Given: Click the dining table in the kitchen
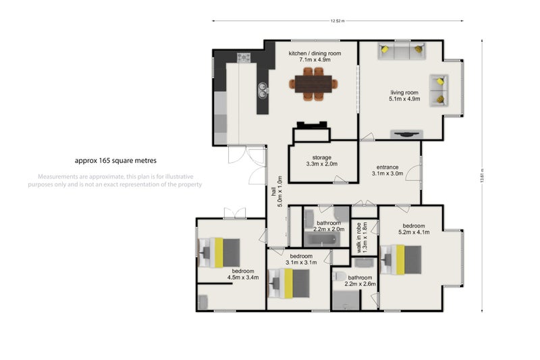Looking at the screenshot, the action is coord(313,84).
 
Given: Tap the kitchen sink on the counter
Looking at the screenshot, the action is coord(263,91).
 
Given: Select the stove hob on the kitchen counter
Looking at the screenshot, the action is coord(244,57).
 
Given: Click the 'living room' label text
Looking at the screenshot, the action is coord(404,93).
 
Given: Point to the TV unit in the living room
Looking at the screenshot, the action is coord(406,134).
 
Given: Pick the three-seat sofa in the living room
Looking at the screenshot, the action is coord(402,51).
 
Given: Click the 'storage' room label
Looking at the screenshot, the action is coord(322,157).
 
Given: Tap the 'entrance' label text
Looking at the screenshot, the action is coord(387,167).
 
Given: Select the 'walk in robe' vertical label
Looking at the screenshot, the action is coord(359,238).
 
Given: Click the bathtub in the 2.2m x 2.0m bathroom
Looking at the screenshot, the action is coord(322,239).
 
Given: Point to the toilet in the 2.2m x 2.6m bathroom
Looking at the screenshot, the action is coord(340,276).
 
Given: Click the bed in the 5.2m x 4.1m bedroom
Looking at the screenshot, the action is coord(400,260).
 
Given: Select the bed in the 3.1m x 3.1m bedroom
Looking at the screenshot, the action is coord(289,284).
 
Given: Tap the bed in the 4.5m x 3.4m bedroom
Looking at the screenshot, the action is coord(219,253).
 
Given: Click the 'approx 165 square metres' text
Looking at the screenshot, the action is coord(115,161).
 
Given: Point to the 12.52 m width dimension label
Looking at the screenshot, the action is coord(337,21).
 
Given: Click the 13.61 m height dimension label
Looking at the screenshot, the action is coord(482,176).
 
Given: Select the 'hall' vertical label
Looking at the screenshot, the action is coord(274,192).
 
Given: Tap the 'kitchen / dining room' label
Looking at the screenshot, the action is coord(315,53).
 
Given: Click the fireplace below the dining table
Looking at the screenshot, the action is coord(312,126).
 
